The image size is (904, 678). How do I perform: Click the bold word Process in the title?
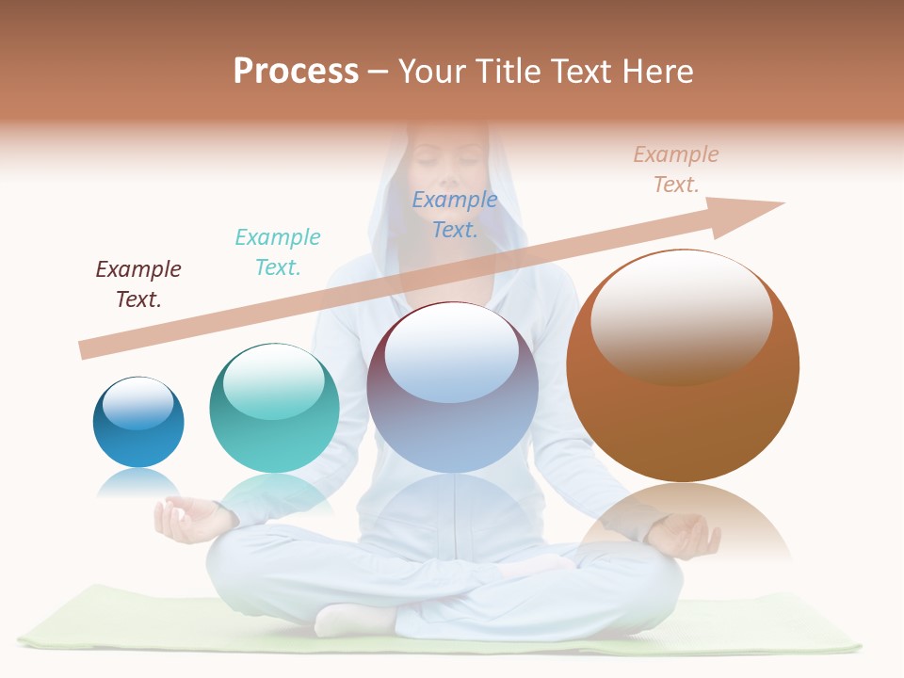click(x=296, y=72)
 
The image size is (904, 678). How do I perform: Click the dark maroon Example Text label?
click(x=138, y=284)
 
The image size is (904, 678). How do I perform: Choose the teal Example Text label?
click(x=278, y=252)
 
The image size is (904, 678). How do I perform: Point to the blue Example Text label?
click(x=455, y=215)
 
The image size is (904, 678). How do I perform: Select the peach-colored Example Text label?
click(x=676, y=169)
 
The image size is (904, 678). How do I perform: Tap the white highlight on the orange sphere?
click(x=682, y=318)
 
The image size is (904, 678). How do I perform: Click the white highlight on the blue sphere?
click(x=138, y=404)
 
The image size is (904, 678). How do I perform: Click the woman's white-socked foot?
click(x=353, y=620)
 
